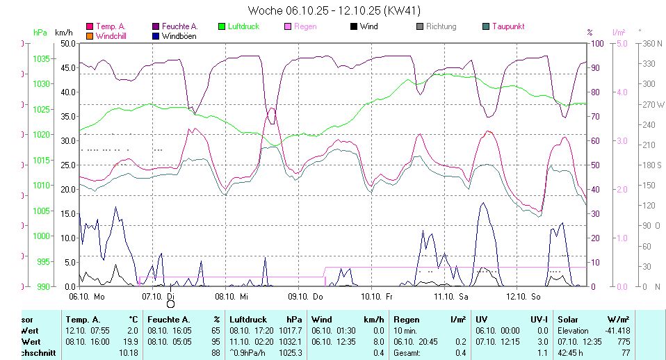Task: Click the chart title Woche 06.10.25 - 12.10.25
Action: pos(334,10)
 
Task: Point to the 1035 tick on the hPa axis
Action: pos(42,58)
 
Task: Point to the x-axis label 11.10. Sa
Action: pos(450,296)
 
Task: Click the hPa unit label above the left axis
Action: pos(40,33)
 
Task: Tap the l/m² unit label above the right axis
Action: pos(618,33)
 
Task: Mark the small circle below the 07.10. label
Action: pos(170,303)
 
